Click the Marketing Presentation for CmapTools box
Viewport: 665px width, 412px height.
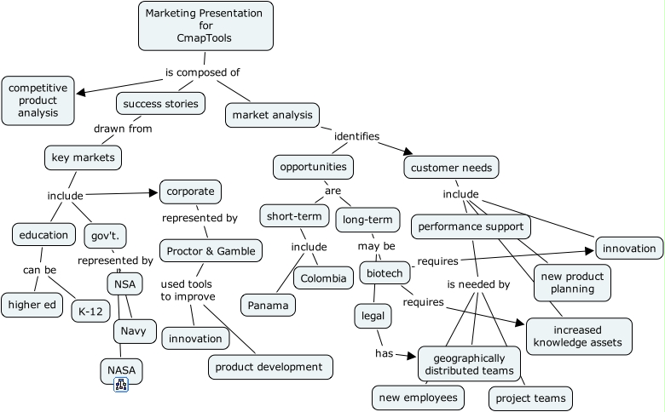tap(205, 26)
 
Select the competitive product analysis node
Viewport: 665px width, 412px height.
tap(38, 100)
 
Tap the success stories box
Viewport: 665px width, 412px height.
tap(160, 104)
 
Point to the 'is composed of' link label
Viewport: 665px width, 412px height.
tap(202, 72)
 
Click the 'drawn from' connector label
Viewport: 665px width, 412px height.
tap(123, 129)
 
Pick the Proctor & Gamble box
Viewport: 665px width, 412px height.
tap(211, 251)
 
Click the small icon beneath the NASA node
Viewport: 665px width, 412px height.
tap(121, 386)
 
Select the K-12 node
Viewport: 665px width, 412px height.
tap(90, 311)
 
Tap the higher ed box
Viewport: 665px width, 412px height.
tap(32, 304)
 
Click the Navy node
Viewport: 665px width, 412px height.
tap(138, 330)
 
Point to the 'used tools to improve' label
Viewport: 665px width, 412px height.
tap(188, 289)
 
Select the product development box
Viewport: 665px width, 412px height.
tap(270, 367)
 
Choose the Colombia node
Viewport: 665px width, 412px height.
tap(323, 278)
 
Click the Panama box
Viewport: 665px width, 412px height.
tap(269, 305)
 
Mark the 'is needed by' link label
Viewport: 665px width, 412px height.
tap(478, 284)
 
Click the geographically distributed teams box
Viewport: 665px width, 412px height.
tap(469, 363)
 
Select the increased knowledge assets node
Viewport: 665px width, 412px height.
tap(579, 336)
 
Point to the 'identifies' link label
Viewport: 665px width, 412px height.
tap(356, 136)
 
